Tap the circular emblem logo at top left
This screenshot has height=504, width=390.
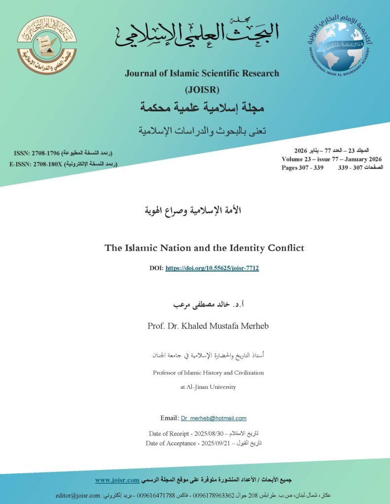coord(47,45)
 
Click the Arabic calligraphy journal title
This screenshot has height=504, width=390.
coord(197,33)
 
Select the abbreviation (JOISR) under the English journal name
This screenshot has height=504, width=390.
coord(202,90)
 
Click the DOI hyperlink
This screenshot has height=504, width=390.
coord(212,268)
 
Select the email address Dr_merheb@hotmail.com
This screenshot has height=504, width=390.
coord(213,418)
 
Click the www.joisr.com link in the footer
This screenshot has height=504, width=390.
coord(117,480)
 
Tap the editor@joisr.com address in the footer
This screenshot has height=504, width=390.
coord(77,495)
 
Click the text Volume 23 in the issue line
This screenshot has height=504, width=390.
coord(299,159)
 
